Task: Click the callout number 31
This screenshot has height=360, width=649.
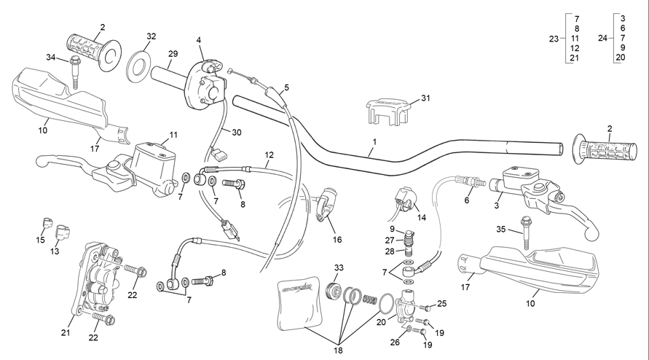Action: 425,98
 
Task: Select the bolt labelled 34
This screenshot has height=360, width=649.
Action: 75,71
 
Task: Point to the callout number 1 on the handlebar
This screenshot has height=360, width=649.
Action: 374,141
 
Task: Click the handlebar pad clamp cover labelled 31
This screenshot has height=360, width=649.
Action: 388,111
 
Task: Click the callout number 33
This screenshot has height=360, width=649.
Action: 339,267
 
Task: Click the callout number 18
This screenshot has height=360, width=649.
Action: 338,351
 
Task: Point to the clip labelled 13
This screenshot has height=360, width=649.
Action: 63,232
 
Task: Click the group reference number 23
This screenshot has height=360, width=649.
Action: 554,39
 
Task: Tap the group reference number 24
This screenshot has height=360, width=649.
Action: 602,38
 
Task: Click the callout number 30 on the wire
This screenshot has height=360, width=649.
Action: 236,133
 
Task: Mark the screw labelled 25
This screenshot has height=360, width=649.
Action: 425,308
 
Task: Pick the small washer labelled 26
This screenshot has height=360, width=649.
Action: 409,329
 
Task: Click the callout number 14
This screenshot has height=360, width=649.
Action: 421,217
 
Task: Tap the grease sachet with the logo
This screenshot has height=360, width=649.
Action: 300,303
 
